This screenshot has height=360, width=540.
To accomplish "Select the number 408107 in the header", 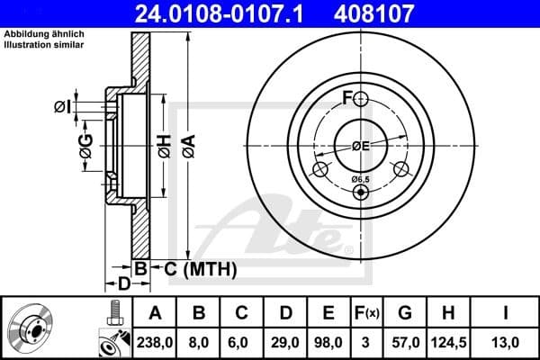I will [x=402, y=13].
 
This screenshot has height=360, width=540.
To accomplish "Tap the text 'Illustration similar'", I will [x=46, y=43].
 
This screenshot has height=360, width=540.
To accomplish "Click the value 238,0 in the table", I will [x=154, y=342].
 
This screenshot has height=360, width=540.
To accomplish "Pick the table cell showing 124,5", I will [x=447, y=342].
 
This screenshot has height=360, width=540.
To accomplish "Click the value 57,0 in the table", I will [x=405, y=342].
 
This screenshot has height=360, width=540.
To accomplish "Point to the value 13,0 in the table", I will [x=510, y=342].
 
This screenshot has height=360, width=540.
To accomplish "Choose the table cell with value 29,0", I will [x=283, y=342].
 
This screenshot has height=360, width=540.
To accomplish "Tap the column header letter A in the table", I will [x=154, y=313].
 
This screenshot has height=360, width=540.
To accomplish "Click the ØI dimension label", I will [x=61, y=106].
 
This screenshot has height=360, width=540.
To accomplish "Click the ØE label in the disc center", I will [x=361, y=146].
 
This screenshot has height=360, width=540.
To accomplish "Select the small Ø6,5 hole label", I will [x=360, y=179].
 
